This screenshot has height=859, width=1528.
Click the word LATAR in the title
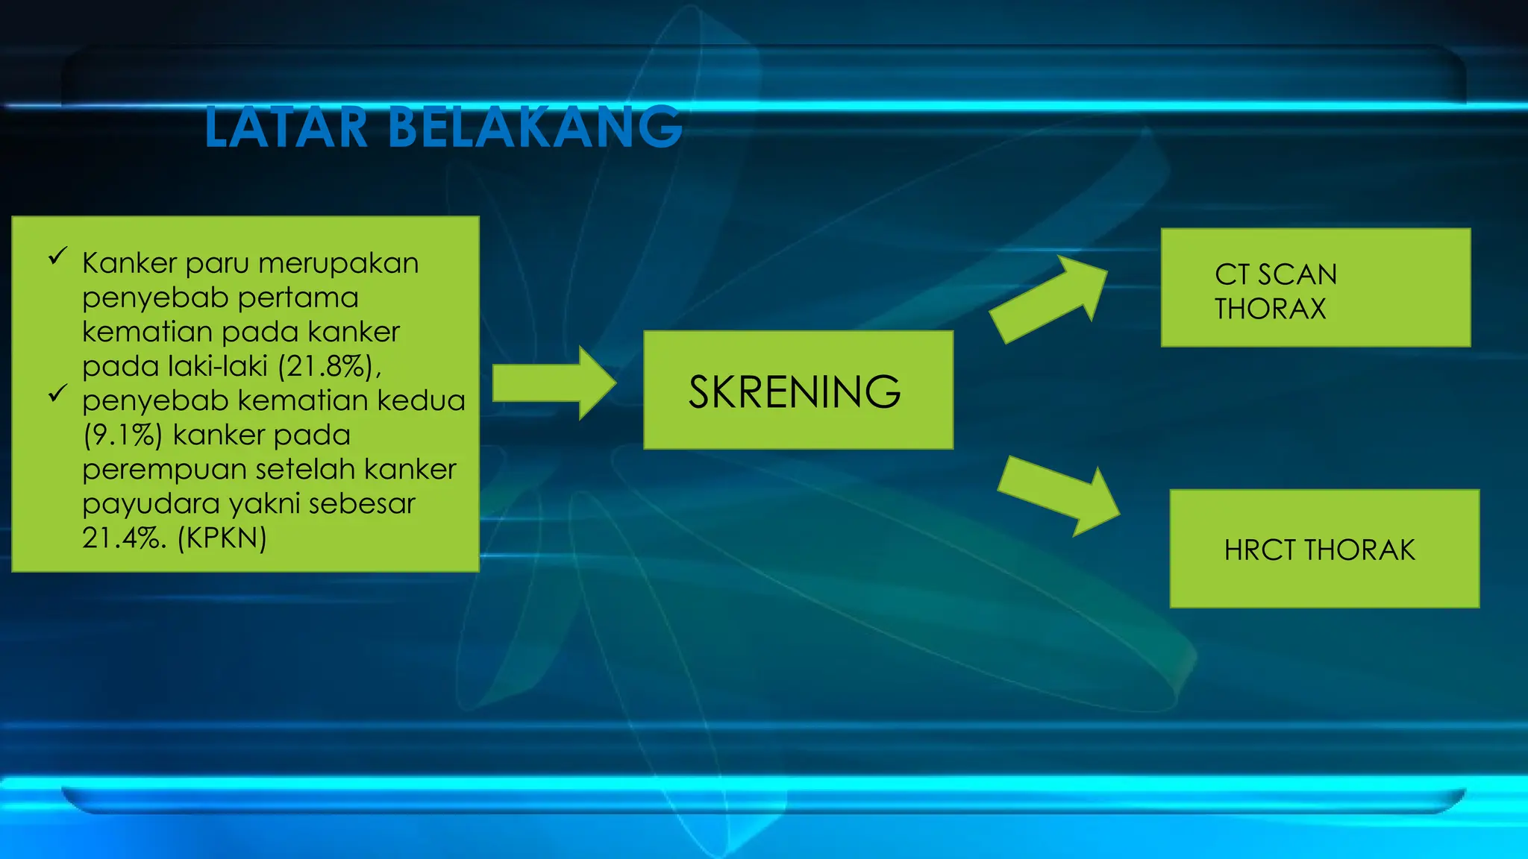(286, 128)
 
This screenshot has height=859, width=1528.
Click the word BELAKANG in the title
(534, 128)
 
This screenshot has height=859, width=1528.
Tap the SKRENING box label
(794, 392)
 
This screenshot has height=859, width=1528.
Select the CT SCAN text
(1275, 274)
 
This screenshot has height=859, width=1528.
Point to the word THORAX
(1270, 309)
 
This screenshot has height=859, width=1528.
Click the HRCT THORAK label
(1319, 550)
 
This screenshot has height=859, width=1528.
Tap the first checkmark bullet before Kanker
(57, 257)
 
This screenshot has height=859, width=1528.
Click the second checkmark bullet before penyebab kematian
(57, 394)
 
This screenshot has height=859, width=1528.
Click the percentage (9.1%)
(122, 435)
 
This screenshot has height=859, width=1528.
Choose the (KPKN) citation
(222, 538)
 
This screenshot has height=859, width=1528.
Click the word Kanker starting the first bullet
(129, 263)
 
